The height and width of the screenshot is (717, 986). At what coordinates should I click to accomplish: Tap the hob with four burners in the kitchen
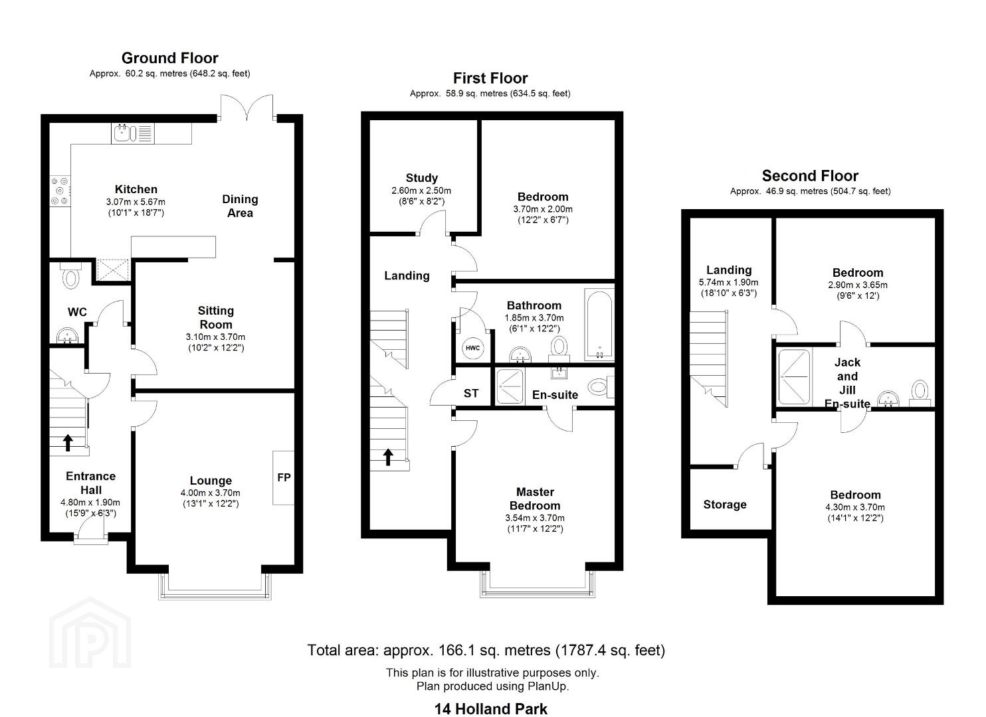pyautogui.click(x=60, y=191)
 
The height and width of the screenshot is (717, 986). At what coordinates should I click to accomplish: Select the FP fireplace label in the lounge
pyautogui.click(x=284, y=477)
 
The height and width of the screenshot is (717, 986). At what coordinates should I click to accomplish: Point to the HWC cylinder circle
pyautogui.click(x=472, y=348)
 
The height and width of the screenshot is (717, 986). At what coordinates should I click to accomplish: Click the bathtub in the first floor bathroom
pyautogui.click(x=599, y=324)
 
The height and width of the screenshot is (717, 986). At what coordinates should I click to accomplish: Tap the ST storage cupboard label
pyautogui.click(x=471, y=393)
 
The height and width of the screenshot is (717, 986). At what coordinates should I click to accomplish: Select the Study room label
pyautogui.click(x=422, y=178)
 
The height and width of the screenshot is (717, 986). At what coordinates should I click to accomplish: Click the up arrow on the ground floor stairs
pyautogui.click(x=68, y=443)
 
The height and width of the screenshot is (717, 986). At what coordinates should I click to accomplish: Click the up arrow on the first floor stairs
pyautogui.click(x=388, y=457)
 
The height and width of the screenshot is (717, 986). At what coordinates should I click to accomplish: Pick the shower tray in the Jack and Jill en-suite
pyautogui.click(x=793, y=377)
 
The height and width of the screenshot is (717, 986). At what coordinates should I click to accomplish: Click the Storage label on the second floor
pyautogui.click(x=724, y=505)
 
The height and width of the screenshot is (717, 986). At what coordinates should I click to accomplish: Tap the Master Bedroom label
pyautogui.click(x=535, y=499)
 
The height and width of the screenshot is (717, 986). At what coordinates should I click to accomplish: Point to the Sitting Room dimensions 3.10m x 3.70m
pyautogui.click(x=215, y=337)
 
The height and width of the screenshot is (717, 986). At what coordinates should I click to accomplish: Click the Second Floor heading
pyautogui.click(x=810, y=176)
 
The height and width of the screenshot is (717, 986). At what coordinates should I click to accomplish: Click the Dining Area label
pyautogui.click(x=240, y=206)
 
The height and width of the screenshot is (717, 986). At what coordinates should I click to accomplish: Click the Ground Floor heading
pyautogui.click(x=170, y=58)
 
